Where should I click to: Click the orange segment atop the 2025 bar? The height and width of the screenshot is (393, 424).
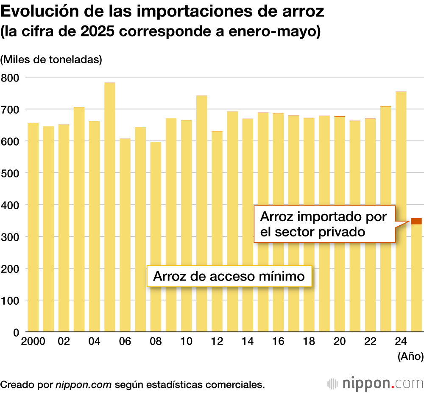[x=416, y=221]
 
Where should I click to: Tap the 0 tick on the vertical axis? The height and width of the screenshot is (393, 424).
[x=16, y=332]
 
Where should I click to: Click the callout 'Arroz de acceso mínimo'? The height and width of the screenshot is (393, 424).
[x=229, y=276]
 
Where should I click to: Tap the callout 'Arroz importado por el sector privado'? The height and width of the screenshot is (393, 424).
[x=324, y=224]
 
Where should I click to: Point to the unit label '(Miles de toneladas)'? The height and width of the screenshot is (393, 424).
[x=51, y=59]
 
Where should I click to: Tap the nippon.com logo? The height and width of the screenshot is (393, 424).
[x=375, y=384]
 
